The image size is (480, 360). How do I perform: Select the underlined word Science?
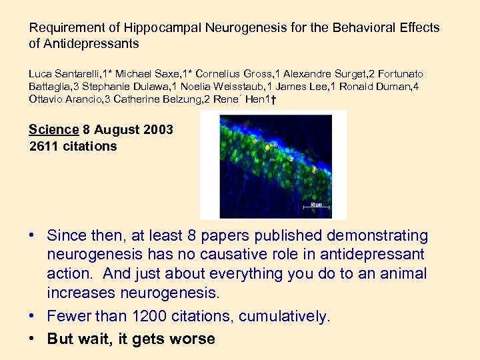pyautogui.click(x=54, y=129)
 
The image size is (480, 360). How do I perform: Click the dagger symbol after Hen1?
pyautogui.click(x=275, y=99)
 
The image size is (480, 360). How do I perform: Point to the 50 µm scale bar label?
pyautogui.click(x=317, y=205)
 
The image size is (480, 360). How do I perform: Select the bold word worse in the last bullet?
pyautogui.click(x=192, y=338)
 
